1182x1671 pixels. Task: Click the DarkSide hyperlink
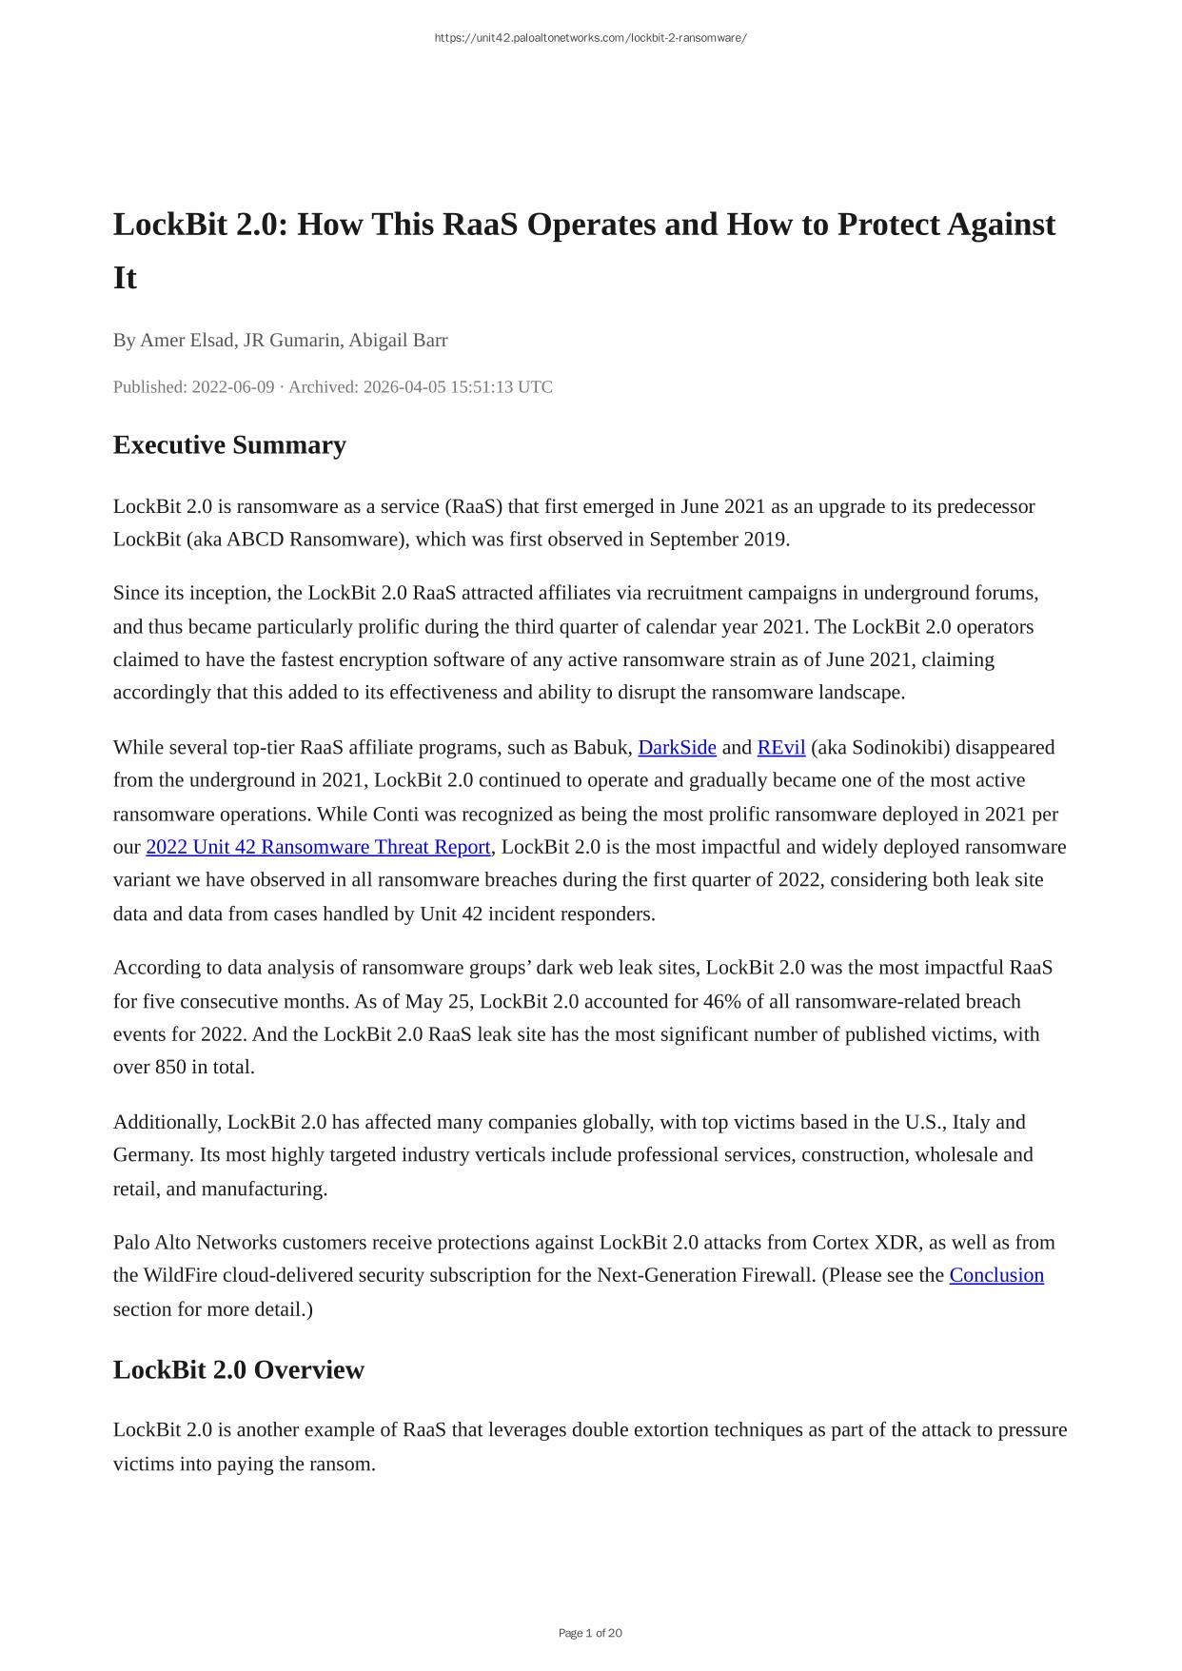click(x=677, y=747)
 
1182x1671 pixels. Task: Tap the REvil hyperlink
click(x=780, y=747)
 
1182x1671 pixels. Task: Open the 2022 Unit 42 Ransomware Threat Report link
click(x=318, y=847)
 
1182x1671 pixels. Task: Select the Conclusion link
click(x=996, y=1275)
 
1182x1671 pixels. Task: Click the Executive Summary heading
click(x=229, y=445)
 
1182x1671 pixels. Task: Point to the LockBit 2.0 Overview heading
click(x=238, y=1369)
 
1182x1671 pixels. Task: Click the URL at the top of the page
click(x=590, y=38)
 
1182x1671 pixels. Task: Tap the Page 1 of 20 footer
click(x=590, y=1633)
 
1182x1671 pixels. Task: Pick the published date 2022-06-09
click(x=233, y=387)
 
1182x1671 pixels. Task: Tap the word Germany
click(x=150, y=1154)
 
